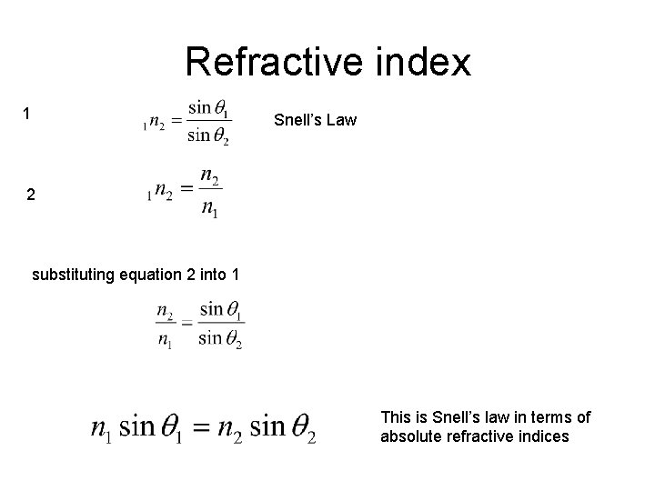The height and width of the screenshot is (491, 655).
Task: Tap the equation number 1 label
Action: coord(27,114)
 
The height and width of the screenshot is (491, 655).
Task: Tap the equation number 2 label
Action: coord(32,195)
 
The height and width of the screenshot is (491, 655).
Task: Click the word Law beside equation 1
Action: coord(342,120)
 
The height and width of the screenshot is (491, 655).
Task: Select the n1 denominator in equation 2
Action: coord(208,210)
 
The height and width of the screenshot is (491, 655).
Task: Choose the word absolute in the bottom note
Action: coord(410,436)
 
